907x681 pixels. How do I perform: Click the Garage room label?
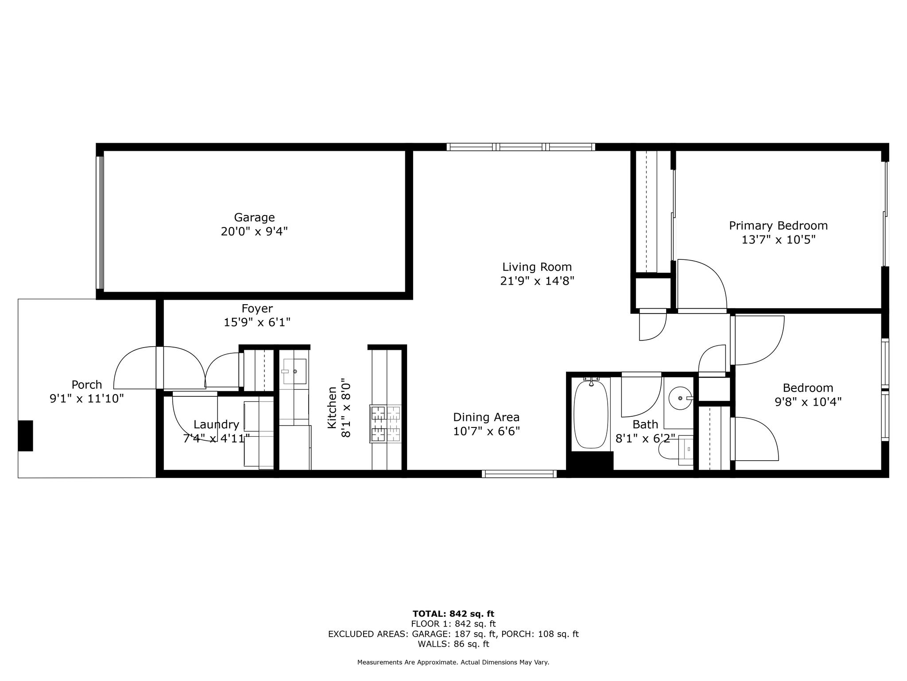tap(254, 218)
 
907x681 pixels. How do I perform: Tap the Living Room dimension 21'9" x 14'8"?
tap(537, 281)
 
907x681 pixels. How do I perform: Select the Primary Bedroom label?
tap(778, 226)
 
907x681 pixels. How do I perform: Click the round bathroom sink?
tap(680, 398)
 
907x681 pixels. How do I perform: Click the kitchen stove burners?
tap(385, 424)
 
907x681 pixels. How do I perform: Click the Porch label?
tap(87, 384)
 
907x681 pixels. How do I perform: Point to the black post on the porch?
tap(26, 435)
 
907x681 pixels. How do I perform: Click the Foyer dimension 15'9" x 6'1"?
tap(257, 322)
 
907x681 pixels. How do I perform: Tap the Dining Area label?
tap(486, 417)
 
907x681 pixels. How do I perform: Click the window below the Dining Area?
tap(519, 474)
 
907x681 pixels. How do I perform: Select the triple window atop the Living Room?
tap(520, 147)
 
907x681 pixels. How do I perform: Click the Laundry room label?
tap(216, 425)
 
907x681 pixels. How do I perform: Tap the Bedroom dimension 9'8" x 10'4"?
tap(808, 402)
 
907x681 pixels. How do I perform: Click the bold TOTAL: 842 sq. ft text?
tap(453, 614)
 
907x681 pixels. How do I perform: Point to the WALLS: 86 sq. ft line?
tap(453, 644)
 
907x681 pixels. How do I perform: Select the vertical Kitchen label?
tap(332, 407)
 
